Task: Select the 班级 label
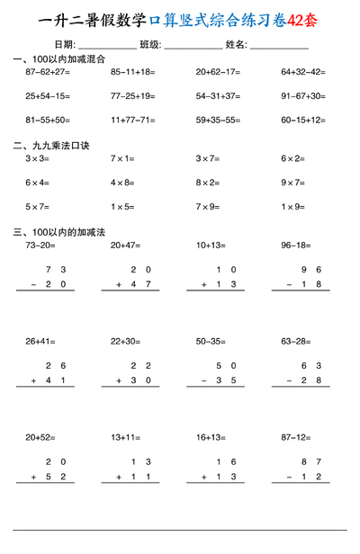click(x=150, y=44)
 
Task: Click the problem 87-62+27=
click(x=48, y=71)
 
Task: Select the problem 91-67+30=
click(x=302, y=94)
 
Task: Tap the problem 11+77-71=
click(x=132, y=119)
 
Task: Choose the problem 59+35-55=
click(x=218, y=119)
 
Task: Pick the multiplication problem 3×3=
click(x=37, y=158)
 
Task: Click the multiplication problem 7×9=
click(x=207, y=206)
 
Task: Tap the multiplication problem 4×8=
click(x=122, y=182)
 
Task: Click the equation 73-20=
click(x=40, y=245)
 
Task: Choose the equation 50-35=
click(x=211, y=341)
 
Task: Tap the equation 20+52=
click(x=40, y=437)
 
